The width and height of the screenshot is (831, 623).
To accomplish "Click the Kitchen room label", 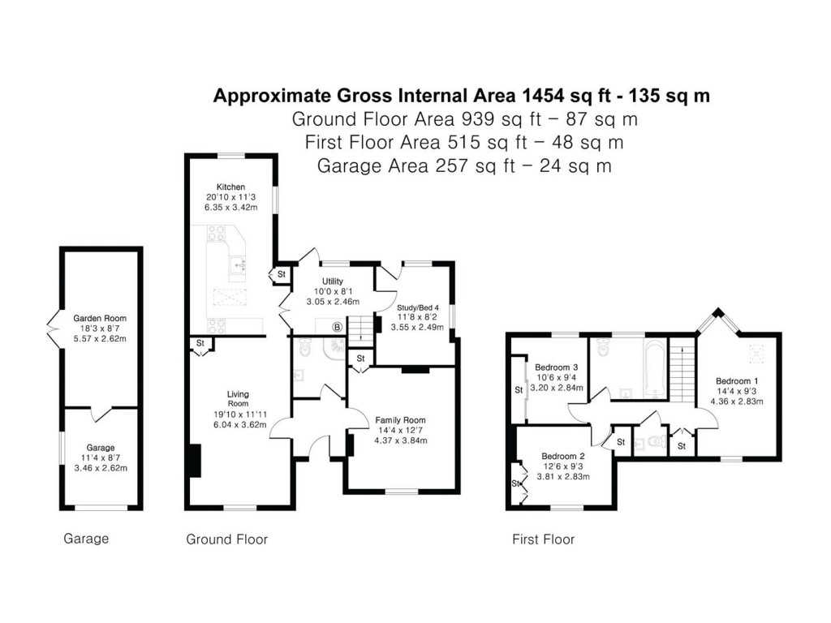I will click(225, 187).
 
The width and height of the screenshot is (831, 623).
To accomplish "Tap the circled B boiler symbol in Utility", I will click(336, 327).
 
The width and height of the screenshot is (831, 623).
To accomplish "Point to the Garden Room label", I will click(100, 319).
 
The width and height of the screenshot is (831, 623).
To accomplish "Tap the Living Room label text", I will click(237, 399).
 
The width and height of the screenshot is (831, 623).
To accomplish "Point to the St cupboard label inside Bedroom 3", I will click(519, 390).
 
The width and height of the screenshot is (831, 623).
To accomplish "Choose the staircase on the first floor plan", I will click(682, 369).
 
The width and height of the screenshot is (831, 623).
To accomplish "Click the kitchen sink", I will click(238, 263).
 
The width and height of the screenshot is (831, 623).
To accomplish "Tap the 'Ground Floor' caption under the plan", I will click(226, 539).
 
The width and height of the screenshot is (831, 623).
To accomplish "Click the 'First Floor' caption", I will click(543, 539).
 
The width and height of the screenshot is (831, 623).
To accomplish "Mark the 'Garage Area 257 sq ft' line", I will click(464, 166).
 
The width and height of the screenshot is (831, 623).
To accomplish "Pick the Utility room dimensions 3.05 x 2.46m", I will click(333, 302).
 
